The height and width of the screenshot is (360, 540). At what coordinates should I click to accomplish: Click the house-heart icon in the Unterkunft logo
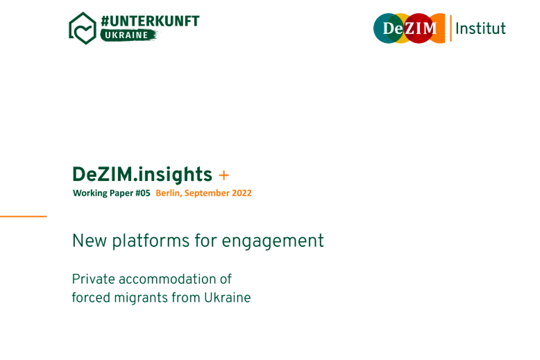tap(83, 28)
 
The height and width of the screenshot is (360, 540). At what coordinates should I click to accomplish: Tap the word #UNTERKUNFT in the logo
tap(150, 21)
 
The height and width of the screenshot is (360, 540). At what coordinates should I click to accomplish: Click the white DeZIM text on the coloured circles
tap(410, 28)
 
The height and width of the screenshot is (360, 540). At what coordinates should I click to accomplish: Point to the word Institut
tap(481, 29)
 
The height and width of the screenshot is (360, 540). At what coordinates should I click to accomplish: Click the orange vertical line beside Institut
tap(451, 28)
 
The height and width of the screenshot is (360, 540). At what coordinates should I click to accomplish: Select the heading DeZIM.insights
tap(142, 175)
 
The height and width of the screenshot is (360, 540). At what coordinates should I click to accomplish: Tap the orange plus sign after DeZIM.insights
tap(224, 175)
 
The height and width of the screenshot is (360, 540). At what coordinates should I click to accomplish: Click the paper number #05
tap(142, 193)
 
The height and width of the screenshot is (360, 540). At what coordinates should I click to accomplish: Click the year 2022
tap(242, 193)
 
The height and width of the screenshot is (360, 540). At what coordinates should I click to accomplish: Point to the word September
tap(207, 193)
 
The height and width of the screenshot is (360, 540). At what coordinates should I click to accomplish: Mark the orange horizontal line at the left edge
tap(23, 216)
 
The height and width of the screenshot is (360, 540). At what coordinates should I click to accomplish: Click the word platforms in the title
tap(151, 241)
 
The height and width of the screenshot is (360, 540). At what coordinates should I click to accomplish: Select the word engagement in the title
tap(273, 241)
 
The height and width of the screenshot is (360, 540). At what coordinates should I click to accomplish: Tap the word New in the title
tap(89, 240)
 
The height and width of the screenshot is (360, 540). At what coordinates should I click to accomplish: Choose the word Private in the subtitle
tap(93, 279)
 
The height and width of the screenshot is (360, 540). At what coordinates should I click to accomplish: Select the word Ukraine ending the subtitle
tap(228, 297)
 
